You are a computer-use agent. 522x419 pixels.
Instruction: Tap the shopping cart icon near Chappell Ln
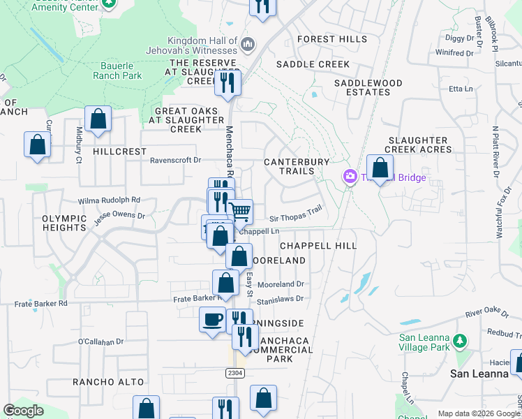[241, 212]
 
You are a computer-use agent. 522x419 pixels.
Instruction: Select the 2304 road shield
[235, 374]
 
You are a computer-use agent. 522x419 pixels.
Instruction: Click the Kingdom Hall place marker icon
[248, 45]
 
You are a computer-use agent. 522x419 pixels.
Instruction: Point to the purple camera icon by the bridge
[349, 177]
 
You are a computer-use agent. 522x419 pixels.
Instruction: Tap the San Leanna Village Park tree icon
[459, 341]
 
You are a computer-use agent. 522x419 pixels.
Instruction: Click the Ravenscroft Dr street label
[175, 160]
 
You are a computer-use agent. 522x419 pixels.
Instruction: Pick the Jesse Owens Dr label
[120, 216]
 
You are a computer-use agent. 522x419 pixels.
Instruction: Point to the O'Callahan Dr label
[100, 341]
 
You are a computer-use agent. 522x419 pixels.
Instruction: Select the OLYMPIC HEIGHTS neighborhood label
[64, 223]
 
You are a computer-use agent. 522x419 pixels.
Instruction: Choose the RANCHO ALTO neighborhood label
[108, 382]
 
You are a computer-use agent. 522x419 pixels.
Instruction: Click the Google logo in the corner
[24, 411]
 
